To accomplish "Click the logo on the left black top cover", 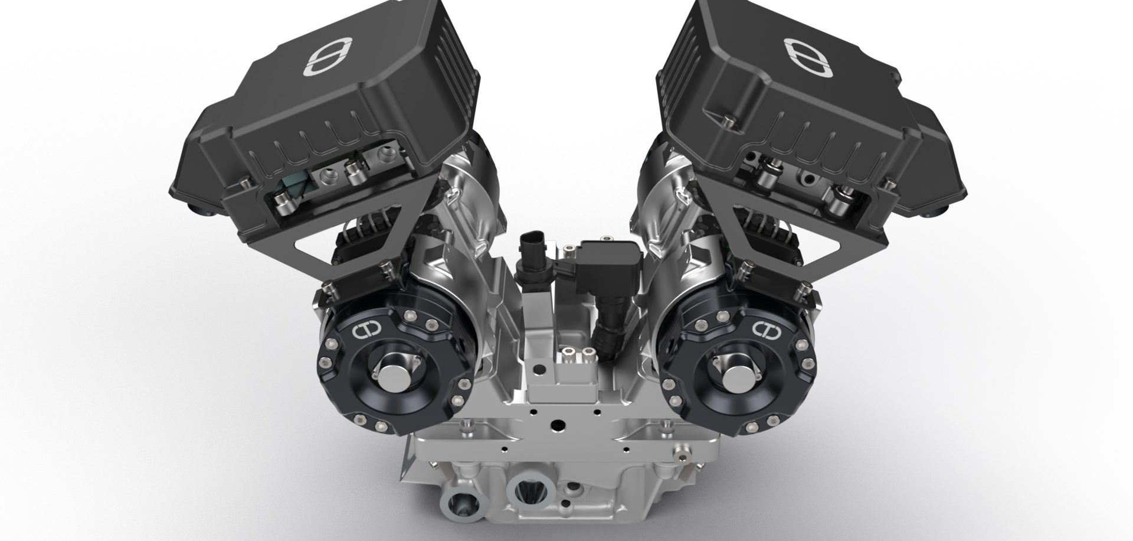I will [x=326, y=57].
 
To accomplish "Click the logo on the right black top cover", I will [x=806, y=57].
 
